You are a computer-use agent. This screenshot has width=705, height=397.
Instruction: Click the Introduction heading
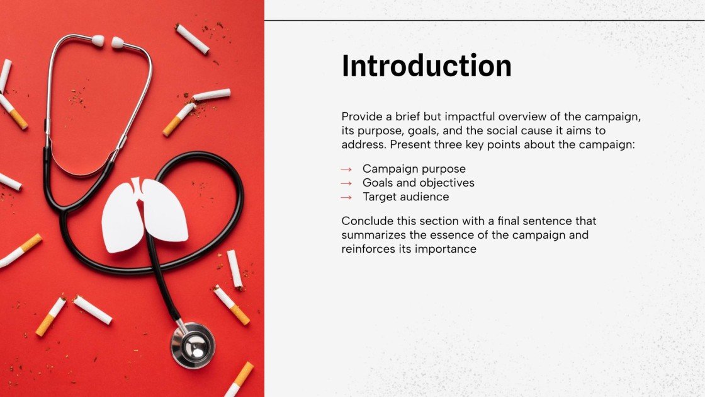(x=426, y=66)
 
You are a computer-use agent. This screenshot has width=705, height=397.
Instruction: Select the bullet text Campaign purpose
(x=414, y=169)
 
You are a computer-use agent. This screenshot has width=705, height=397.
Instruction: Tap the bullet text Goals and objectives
(x=418, y=183)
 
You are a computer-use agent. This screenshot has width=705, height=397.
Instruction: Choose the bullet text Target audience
(x=405, y=197)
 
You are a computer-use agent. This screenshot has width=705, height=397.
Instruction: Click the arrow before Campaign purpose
(x=346, y=170)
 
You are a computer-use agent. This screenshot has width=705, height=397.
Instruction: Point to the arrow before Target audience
(x=346, y=197)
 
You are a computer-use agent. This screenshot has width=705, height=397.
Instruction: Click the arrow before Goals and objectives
(x=346, y=183)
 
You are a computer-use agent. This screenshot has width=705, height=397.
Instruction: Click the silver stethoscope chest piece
(x=193, y=345)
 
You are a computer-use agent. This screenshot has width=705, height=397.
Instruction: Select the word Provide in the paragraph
(x=361, y=117)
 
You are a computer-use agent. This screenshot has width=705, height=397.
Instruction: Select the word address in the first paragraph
(x=361, y=144)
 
